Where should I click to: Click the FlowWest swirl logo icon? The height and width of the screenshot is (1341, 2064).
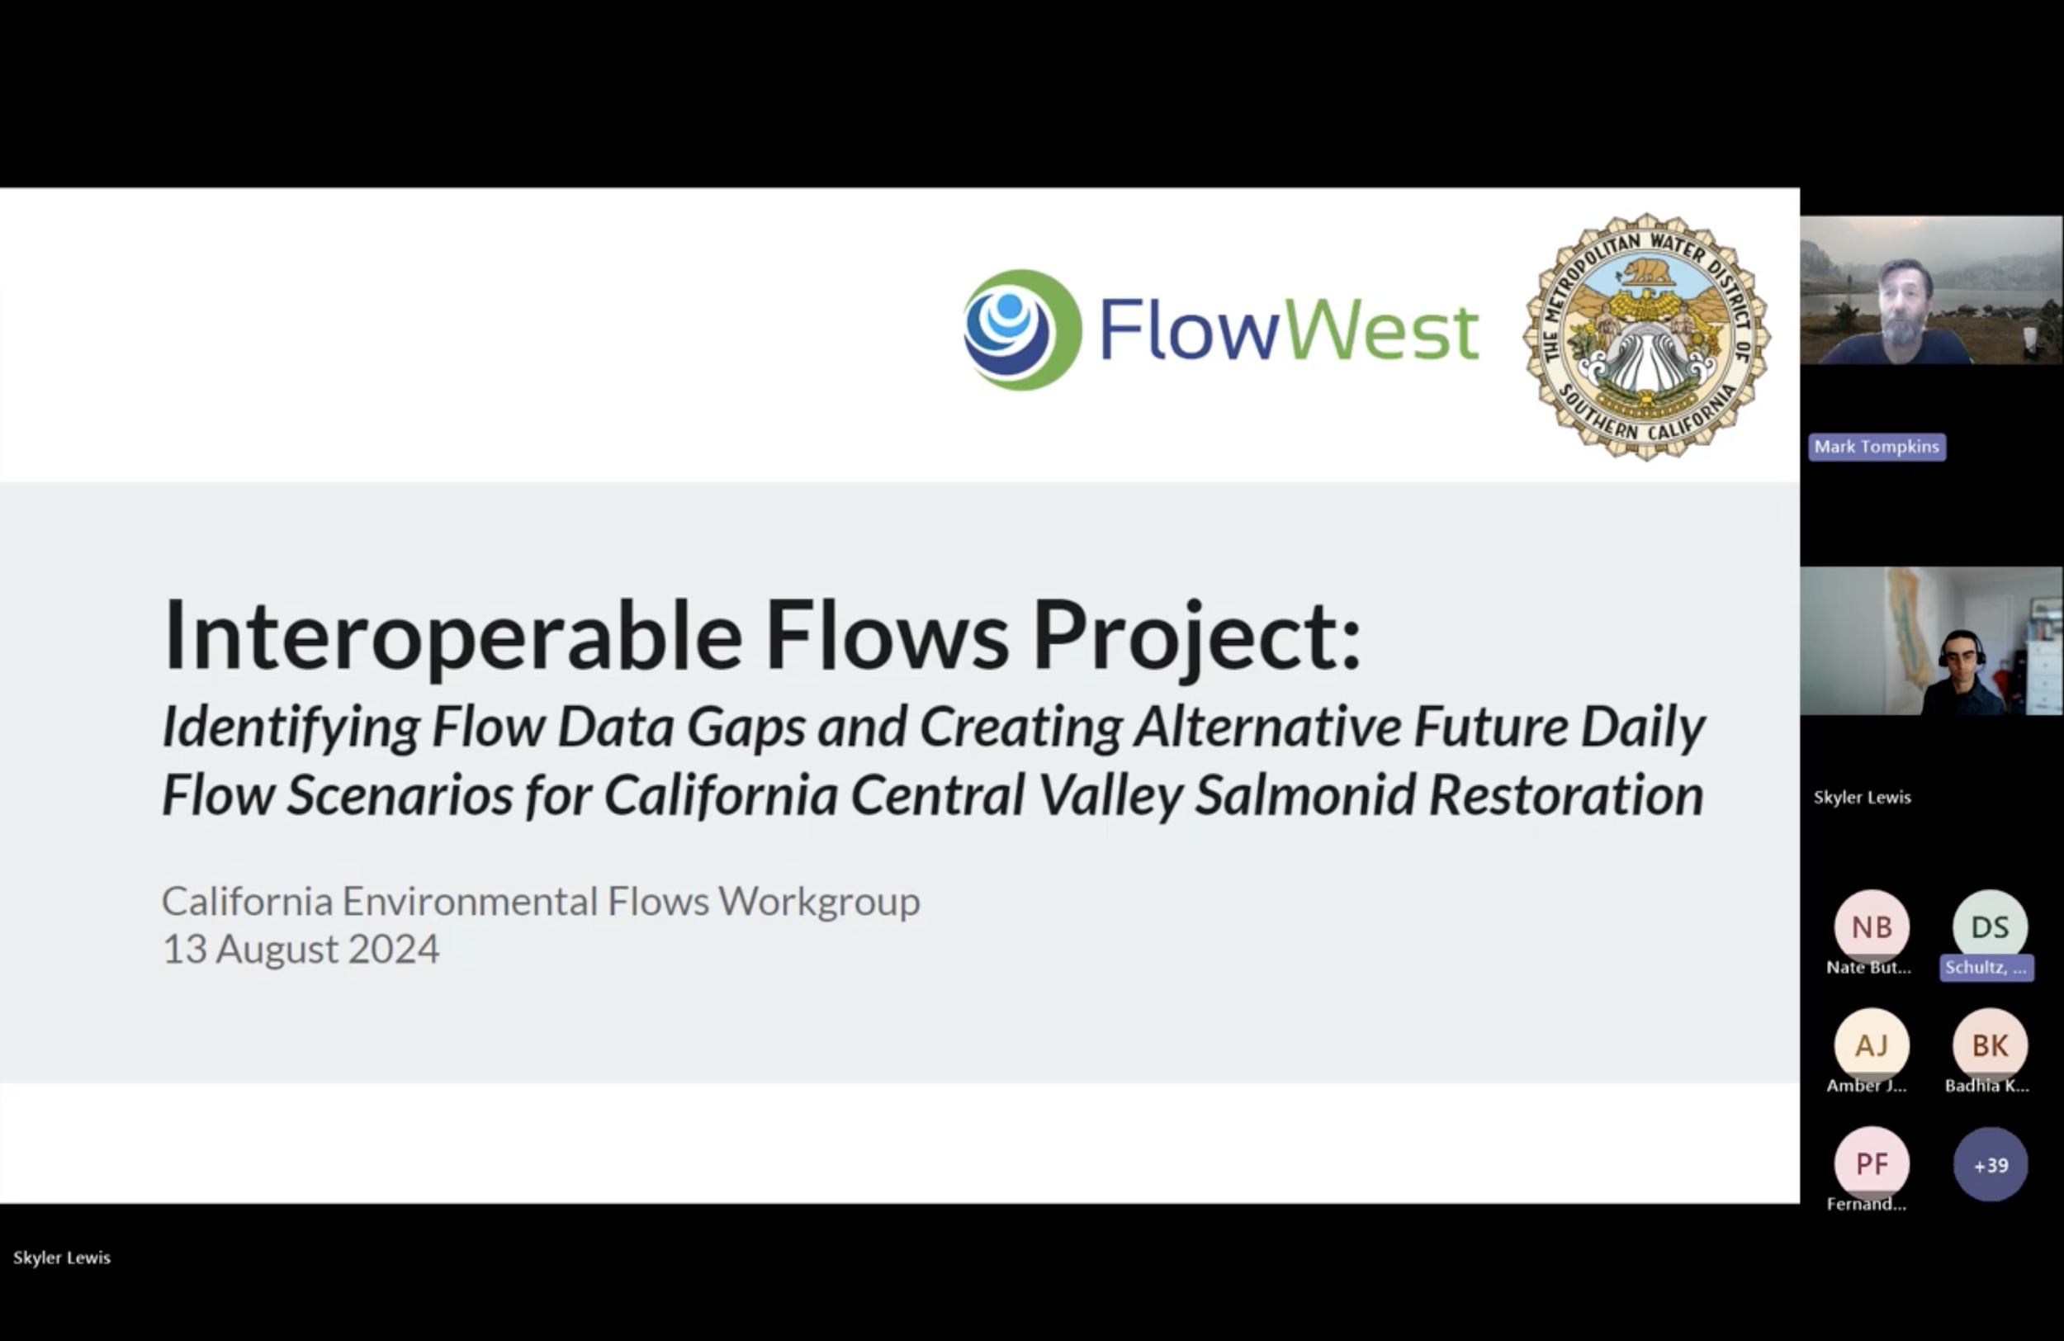(1021, 329)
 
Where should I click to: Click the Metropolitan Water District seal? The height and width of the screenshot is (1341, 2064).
(1646, 337)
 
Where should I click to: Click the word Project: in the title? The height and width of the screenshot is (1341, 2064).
(1197, 636)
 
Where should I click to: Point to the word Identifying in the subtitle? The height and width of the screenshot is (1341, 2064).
(291, 727)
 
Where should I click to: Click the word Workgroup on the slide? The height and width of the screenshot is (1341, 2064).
(819, 901)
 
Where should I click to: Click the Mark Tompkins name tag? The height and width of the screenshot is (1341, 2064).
(1877, 447)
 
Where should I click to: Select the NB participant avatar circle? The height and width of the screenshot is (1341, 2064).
(1872, 927)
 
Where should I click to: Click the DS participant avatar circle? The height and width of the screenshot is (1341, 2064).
(1990, 927)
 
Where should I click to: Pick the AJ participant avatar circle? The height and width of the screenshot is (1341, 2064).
(1872, 1045)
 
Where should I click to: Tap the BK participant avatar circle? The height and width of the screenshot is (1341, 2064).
(1990, 1045)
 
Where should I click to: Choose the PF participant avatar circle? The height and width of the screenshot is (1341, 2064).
(1872, 1164)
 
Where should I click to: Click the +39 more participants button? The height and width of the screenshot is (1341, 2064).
(1991, 1165)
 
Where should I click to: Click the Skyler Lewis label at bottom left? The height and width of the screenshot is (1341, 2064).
(62, 1258)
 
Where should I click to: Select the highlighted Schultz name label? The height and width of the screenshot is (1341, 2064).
(1986, 968)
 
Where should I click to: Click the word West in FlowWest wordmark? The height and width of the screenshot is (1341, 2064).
(1379, 331)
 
